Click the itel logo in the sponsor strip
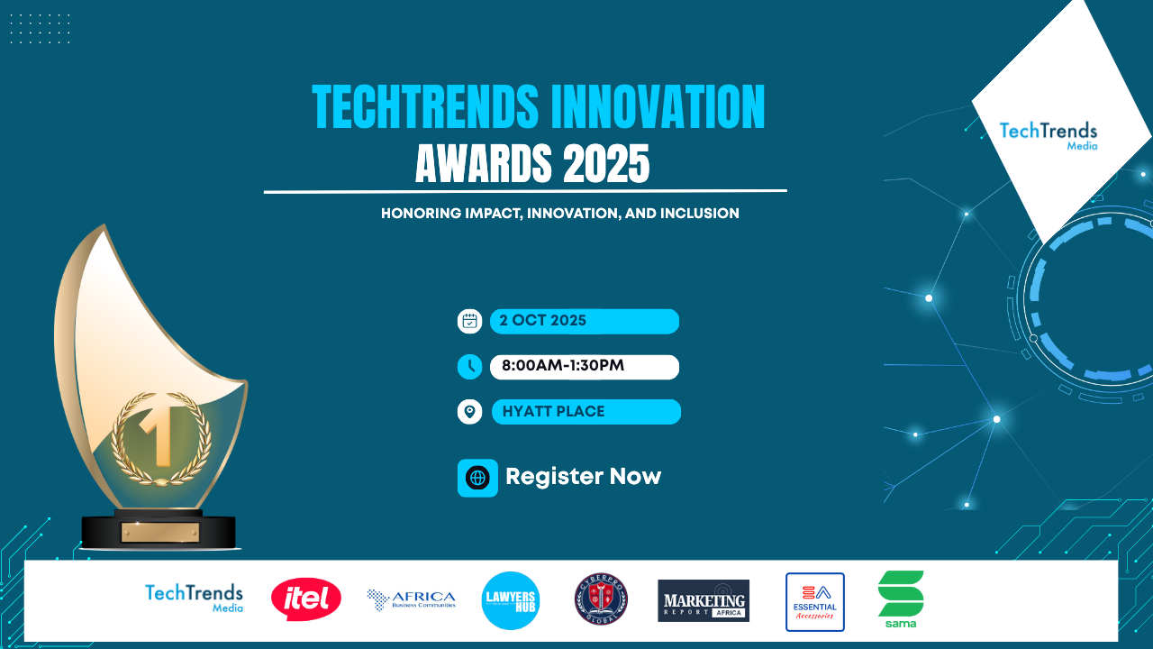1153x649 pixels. pos(306,599)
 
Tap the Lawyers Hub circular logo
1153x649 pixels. pos(511,600)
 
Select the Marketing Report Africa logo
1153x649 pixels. pos(704,600)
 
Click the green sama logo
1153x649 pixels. pos(901,599)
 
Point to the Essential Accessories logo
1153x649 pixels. pos(814,601)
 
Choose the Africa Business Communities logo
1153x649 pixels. pos(411,599)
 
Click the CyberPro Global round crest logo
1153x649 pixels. pos(601,599)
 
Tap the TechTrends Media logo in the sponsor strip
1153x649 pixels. pos(194,598)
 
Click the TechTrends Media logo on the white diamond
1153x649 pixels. pos(1049,134)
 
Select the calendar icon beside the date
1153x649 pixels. pos(470,321)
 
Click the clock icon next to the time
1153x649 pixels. pos(470,367)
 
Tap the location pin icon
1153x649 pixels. pos(470,412)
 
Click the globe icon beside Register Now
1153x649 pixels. pos(477,478)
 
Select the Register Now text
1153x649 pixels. pos(583,477)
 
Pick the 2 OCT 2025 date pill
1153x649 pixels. pos(584,321)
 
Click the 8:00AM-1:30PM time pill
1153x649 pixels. pos(584,367)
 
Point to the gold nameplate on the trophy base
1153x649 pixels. pos(159,533)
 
